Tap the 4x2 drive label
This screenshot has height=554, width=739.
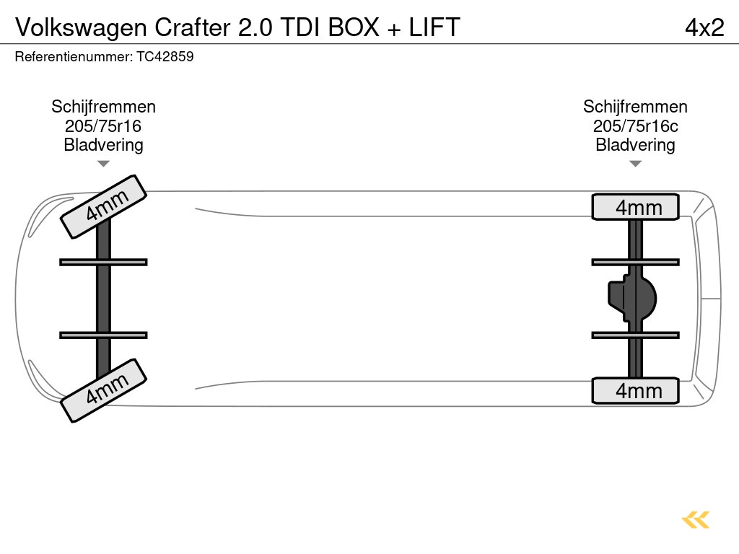tap(704, 27)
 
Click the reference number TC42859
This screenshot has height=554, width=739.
tap(165, 56)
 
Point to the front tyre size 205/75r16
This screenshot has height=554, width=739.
tap(103, 126)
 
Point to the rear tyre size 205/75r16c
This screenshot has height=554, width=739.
tap(635, 126)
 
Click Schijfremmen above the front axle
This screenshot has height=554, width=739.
tap(103, 107)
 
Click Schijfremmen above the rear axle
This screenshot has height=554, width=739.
tap(635, 107)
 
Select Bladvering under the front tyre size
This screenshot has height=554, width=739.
tap(103, 145)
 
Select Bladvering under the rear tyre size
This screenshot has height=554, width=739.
tap(635, 145)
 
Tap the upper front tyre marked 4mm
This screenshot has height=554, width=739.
tap(104, 206)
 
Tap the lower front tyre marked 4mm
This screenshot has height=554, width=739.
tap(104, 390)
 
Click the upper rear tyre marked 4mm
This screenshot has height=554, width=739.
tap(636, 207)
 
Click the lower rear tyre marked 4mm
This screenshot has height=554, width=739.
tap(636, 390)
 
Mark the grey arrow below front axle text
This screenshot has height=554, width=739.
tap(103, 164)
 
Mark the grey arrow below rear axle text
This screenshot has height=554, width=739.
tap(635, 164)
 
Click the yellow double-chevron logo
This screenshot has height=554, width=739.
tap(696, 519)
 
